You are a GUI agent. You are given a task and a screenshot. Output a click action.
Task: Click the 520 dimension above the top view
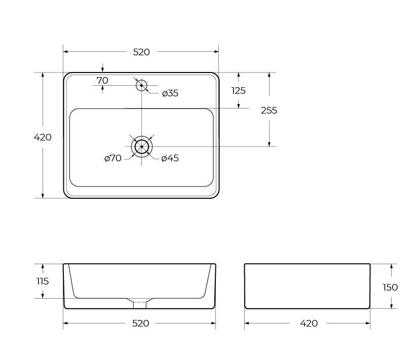tap(141, 52)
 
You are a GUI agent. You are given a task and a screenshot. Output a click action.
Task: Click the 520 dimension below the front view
tap(141, 323)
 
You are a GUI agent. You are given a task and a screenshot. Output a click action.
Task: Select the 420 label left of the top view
tap(43, 137)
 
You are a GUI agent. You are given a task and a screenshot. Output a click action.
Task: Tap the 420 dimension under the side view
tap(309, 323)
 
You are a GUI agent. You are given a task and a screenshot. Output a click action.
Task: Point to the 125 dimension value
tap(239, 91)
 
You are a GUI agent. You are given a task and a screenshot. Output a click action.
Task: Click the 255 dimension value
tap(269, 111)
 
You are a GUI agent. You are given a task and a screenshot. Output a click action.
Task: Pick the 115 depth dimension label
tap(43, 281)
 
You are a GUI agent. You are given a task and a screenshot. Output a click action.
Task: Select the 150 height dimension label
tap(390, 287)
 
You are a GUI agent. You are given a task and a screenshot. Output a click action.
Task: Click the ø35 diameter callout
tap(170, 93)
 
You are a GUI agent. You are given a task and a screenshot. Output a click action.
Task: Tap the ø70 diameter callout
tap(113, 158)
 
